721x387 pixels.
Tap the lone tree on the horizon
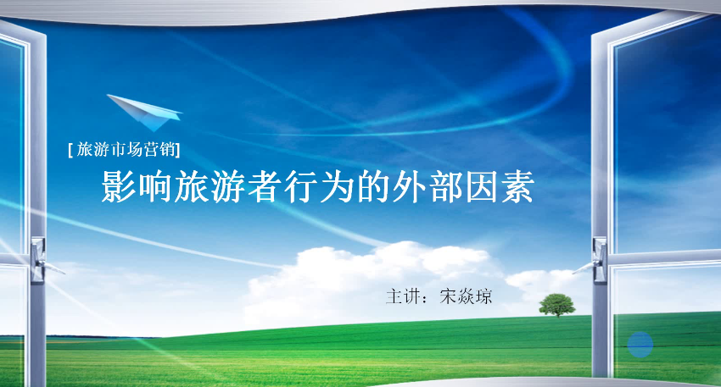click(x=556, y=306)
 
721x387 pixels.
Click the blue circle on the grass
click(x=640, y=345)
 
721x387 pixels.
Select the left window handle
click(x=42, y=260)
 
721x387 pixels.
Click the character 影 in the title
click(x=119, y=187)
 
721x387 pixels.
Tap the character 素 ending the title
click(x=517, y=187)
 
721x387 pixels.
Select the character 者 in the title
click(x=264, y=187)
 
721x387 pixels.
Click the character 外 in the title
click(x=409, y=187)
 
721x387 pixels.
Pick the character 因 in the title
click(x=482, y=187)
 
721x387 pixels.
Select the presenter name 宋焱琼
click(x=466, y=296)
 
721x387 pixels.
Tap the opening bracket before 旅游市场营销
click(x=70, y=150)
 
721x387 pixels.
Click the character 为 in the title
click(x=336, y=187)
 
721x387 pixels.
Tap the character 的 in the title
click(x=372, y=187)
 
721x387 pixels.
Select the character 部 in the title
click(x=445, y=187)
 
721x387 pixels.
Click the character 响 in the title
click(x=155, y=187)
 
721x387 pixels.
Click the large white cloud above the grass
click(x=372, y=280)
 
